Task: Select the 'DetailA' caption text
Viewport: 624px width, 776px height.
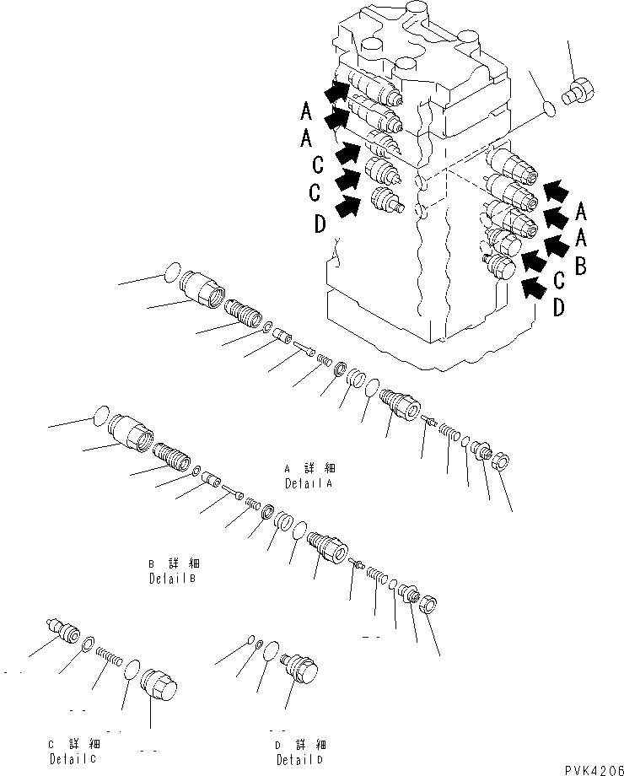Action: pyautogui.click(x=308, y=483)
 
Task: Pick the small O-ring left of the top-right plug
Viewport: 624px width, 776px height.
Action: pyautogui.click(x=547, y=108)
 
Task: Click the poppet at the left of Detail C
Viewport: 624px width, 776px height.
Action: pyautogui.click(x=62, y=631)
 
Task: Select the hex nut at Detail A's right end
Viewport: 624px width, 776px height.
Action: pyautogui.click(x=499, y=462)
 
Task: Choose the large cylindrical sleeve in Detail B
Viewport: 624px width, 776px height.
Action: pyautogui.click(x=133, y=431)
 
